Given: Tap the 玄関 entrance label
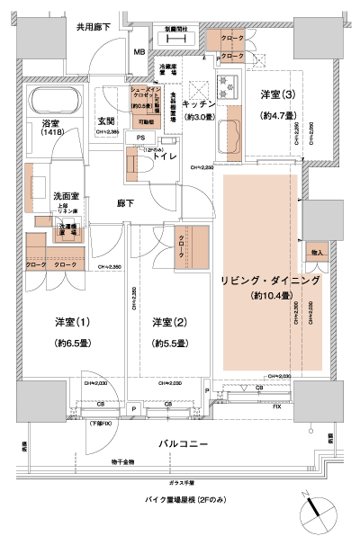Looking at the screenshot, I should [107, 121].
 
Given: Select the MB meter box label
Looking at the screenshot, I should [139, 51].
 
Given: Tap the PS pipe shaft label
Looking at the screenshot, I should [140, 137].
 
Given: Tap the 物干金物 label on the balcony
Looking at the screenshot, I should [125, 461].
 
